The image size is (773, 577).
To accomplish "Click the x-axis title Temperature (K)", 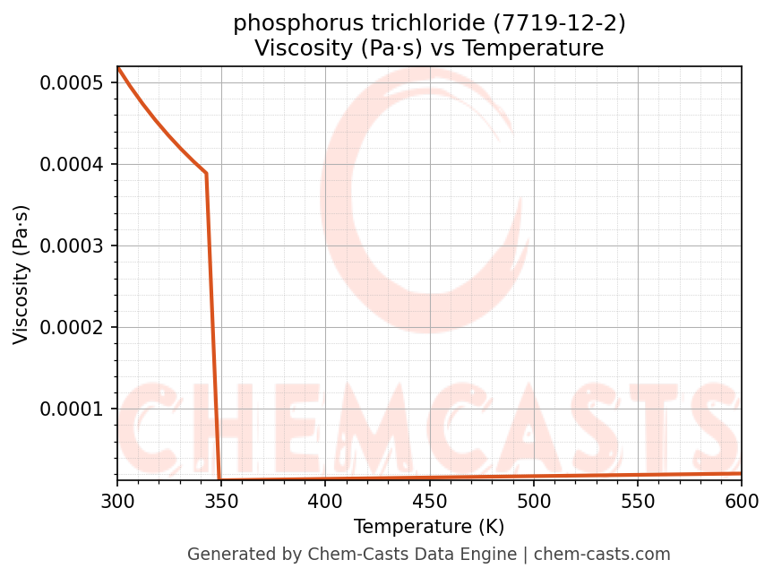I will [x=429, y=527].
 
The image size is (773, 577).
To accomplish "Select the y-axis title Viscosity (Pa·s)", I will [x=21, y=274].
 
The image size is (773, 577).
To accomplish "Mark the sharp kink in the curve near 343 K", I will [x=206, y=173].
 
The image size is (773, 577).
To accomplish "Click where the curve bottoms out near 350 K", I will [x=219, y=480].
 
